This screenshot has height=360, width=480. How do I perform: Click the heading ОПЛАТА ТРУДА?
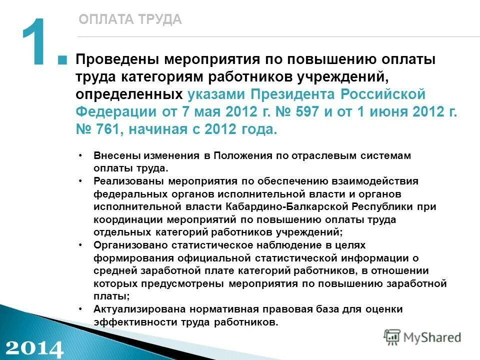pyautogui.click(x=130, y=19)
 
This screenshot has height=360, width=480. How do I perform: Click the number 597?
pyautogui.click(x=303, y=111)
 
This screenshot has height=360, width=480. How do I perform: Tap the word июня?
pyautogui.click(x=389, y=111)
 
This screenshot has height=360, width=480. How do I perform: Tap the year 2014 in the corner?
pyautogui.click(x=34, y=347)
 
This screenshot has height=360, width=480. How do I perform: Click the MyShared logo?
pyautogui.click(x=423, y=337)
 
